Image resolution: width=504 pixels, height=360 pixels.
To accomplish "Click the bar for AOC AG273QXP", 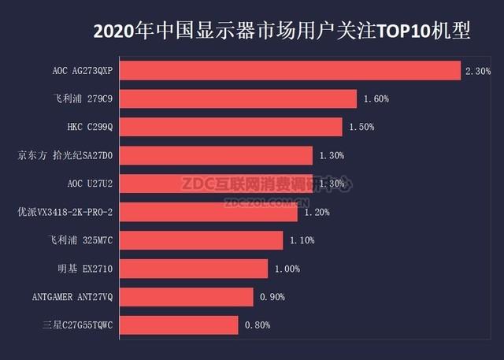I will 290,71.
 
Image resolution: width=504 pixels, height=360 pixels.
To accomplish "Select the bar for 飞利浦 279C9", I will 239,99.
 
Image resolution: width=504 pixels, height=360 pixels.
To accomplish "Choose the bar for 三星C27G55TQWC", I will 179,325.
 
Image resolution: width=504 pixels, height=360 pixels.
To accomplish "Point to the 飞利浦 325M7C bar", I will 201,240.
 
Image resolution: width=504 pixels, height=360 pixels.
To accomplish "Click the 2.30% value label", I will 478,71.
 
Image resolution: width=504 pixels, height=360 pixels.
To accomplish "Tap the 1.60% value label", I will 376,99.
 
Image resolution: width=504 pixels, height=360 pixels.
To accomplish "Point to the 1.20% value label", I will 317,213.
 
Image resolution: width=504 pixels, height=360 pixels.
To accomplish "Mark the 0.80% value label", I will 257,325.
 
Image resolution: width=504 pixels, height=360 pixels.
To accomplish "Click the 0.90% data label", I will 272,297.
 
